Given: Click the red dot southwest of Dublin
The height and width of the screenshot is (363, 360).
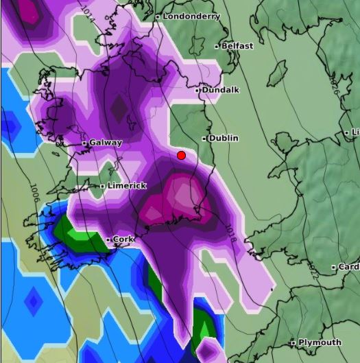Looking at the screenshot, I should (181, 156).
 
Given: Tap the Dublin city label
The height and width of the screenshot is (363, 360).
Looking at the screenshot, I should (224, 139).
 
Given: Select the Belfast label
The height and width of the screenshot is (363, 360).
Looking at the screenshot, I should (237, 46).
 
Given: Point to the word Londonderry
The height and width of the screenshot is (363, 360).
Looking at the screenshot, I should (191, 16).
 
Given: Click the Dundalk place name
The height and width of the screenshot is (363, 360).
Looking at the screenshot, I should (217, 90).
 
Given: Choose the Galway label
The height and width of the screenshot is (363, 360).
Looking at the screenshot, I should (105, 143).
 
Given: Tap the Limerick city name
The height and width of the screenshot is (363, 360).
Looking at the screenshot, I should (127, 186).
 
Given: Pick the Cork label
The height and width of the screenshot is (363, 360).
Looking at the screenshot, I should (123, 239).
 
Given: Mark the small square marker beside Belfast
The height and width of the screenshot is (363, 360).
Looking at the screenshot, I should (217, 47).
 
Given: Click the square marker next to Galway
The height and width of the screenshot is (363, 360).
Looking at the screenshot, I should (85, 143).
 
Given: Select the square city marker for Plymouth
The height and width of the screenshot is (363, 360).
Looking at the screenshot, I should (293, 342).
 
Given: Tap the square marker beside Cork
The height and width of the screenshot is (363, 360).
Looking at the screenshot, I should (108, 239).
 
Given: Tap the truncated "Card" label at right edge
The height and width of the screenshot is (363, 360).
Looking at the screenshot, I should (348, 267).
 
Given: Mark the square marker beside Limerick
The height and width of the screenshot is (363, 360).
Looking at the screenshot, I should (102, 186).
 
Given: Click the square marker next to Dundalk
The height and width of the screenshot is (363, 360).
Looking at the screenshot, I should (197, 91).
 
